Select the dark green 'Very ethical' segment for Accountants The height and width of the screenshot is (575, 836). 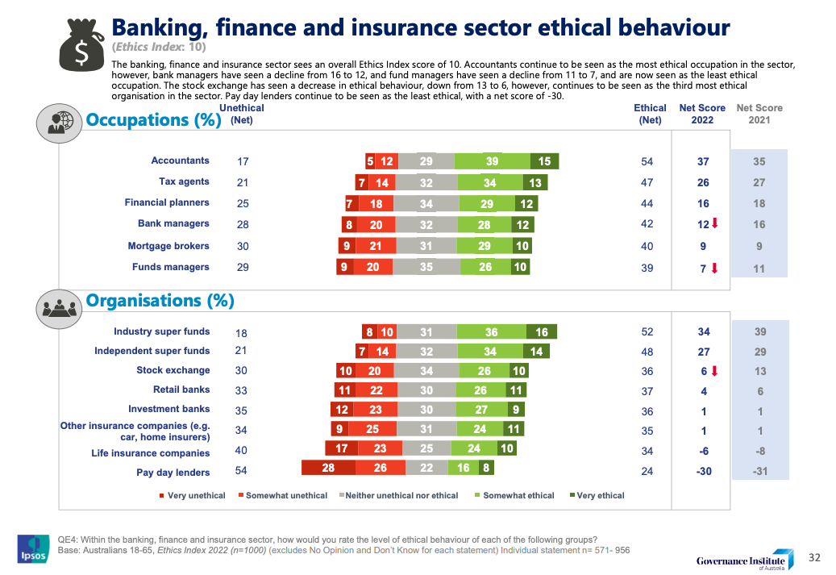pos(544,161)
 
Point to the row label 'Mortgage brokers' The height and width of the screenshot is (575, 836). pos(168,246)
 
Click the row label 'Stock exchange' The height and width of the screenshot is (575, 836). pos(173,370)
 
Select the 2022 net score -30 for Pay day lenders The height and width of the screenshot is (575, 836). pos(703,471)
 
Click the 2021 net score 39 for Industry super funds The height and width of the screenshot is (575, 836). pos(759,331)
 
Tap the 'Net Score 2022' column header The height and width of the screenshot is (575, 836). pos(702,114)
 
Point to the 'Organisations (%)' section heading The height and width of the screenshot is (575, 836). pos(160,301)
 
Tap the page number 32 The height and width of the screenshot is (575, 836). pos(814,556)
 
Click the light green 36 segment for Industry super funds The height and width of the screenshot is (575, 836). pos(491,331)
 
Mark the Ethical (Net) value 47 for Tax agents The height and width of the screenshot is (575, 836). pos(647,182)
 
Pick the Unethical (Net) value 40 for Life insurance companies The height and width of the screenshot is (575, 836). pos(241,452)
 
